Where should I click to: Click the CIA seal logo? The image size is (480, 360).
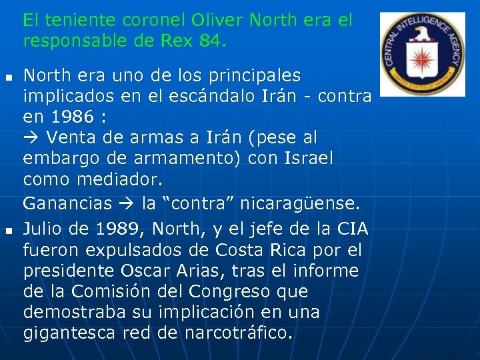tap(422, 54)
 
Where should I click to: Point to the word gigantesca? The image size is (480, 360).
tap(70, 333)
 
